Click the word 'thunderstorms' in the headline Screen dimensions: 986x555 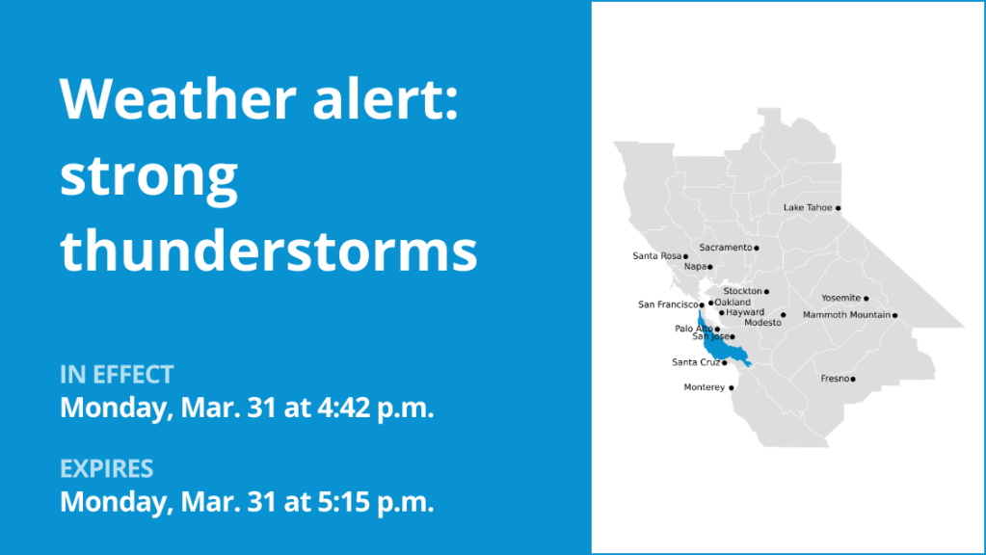[x=269, y=250]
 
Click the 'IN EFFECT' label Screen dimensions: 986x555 [x=117, y=375]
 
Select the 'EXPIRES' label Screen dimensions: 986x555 [x=106, y=469]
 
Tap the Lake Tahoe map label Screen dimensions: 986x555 [x=808, y=207]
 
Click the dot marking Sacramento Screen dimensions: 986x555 [x=757, y=249]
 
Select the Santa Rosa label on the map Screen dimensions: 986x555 [x=656, y=255]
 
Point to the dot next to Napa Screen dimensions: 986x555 [x=710, y=267]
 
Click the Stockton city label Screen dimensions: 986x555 [x=743, y=291]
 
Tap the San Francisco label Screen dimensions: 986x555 [x=669, y=304]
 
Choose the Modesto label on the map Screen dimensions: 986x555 [x=762, y=323]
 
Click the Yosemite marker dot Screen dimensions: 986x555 [x=866, y=299]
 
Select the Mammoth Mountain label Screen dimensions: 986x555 [x=846, y=315]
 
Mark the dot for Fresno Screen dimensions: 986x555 [x=853, y=379]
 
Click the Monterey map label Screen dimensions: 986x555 [x=705, y=387]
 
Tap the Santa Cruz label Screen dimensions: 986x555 [x=696, y=362]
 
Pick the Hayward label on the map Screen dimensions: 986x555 [x=745, y=312]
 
